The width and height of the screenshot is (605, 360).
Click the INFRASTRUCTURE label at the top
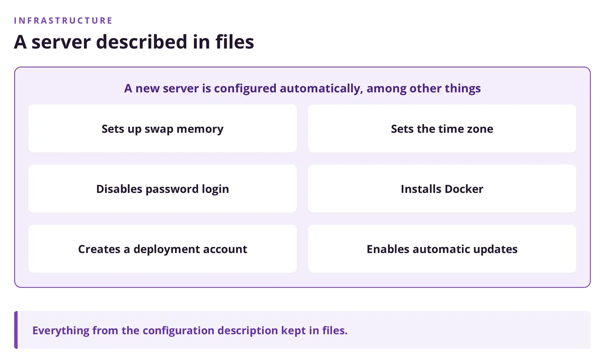pos(63,21)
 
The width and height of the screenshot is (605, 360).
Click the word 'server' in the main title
pos(61,42)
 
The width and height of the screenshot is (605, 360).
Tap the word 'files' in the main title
pos(235,42)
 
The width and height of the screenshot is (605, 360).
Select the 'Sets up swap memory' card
pos(162,128)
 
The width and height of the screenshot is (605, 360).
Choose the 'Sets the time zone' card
pos(442,128)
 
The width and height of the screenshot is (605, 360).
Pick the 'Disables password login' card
pos(162,189)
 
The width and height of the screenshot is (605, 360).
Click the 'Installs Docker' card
pos(442,189)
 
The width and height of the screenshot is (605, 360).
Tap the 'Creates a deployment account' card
pos(162,249)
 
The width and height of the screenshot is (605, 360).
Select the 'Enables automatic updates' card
pos(442,249)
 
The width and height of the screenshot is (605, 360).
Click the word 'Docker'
pos(464,189)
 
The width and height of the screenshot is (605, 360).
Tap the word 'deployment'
pos(166,250)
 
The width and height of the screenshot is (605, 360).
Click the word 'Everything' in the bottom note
pos(61,330)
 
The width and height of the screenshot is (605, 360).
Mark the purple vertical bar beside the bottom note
pos(16,330)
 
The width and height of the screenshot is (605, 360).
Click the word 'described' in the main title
pos(141,42)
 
